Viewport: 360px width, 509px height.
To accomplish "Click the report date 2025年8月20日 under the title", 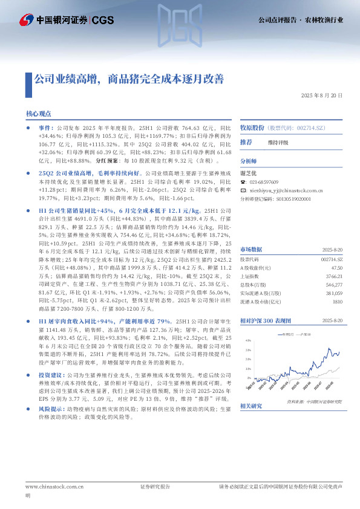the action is click(x=322, y=96).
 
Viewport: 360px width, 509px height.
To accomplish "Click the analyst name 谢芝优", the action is click(x=249, y=172).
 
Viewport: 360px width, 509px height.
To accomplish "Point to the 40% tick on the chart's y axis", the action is click(x=247, y=340).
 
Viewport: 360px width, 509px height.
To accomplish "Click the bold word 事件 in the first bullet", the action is click(x=45, y=129).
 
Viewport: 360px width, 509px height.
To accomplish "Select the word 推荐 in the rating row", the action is click(x=246, y=142).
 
